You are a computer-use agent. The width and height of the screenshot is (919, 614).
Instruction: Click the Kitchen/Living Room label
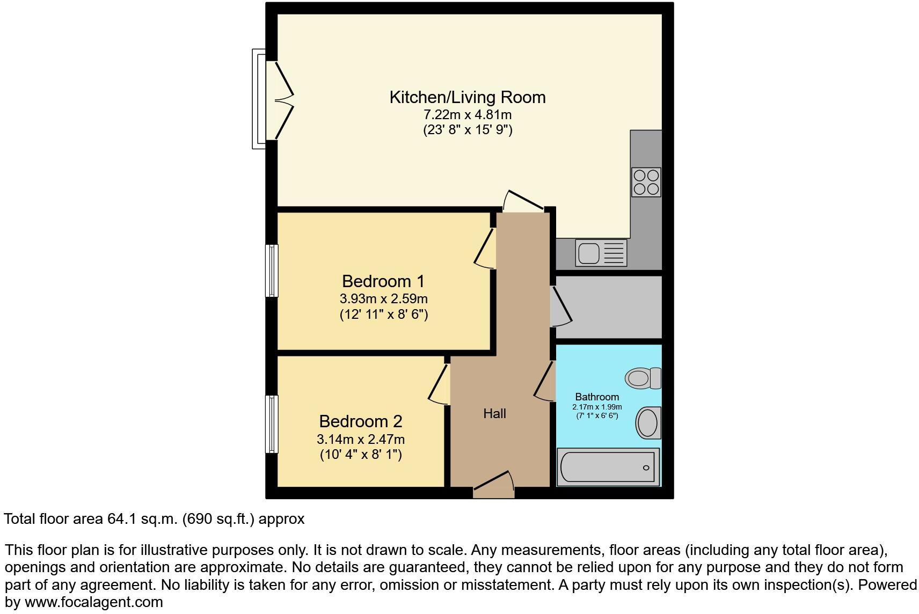pyautogui.click(x=467, y=98)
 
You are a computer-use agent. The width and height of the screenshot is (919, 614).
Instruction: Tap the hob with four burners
pyautogui.click(x=646, y=182)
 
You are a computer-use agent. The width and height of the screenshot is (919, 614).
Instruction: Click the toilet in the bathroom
pyautogui.click(x=643, y=378)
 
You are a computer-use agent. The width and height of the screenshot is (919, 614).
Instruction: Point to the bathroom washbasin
pyautogui.click(x=648, y=422)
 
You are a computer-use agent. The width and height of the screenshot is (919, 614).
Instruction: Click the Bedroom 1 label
pyautogui.click(x=383, y=281)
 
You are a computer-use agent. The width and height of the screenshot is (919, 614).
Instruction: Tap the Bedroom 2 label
pyautogui.click(x=360, y=421)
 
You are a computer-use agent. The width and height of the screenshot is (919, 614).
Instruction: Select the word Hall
pyautogui.click(x=494, y=414)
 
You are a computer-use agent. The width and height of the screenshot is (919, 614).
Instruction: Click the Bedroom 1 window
pyautogui.click(x=272, y=271)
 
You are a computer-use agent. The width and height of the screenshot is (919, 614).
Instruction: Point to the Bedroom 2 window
pyautogui.click(x=272, y=424)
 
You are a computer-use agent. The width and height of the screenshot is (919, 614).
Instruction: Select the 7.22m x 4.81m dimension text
pyautogui.click(x=467, y=115)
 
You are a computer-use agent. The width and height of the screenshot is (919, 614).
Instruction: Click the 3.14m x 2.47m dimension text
pyautogui.click(x=360, y=440)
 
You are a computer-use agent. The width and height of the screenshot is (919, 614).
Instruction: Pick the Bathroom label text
pyautogui.click(x=597, y=397)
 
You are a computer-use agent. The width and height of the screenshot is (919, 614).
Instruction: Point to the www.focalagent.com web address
pyautogui.click(x=93, y=602)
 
